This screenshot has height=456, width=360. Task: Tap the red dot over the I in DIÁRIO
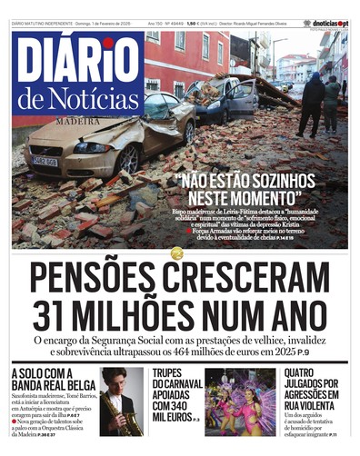(x=108, y=43)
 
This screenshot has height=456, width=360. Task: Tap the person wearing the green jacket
(x=333, y=103)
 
